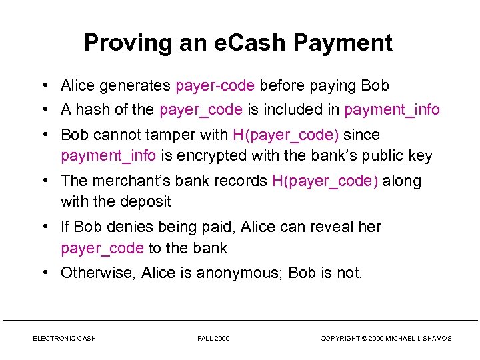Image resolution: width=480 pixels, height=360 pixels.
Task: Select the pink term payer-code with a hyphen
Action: pos(215,86)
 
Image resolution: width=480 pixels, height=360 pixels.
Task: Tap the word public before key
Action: pos(382,156)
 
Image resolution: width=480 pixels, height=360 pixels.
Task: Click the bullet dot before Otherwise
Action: pos(43,273)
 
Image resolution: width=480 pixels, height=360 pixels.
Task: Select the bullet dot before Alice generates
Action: pos(43,86)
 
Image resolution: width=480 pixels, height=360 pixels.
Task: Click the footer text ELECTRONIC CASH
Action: pos(64,339)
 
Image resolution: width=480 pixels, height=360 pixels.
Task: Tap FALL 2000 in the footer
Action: pos(213,339)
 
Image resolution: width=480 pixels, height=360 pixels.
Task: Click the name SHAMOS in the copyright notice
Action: pos(435,339)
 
